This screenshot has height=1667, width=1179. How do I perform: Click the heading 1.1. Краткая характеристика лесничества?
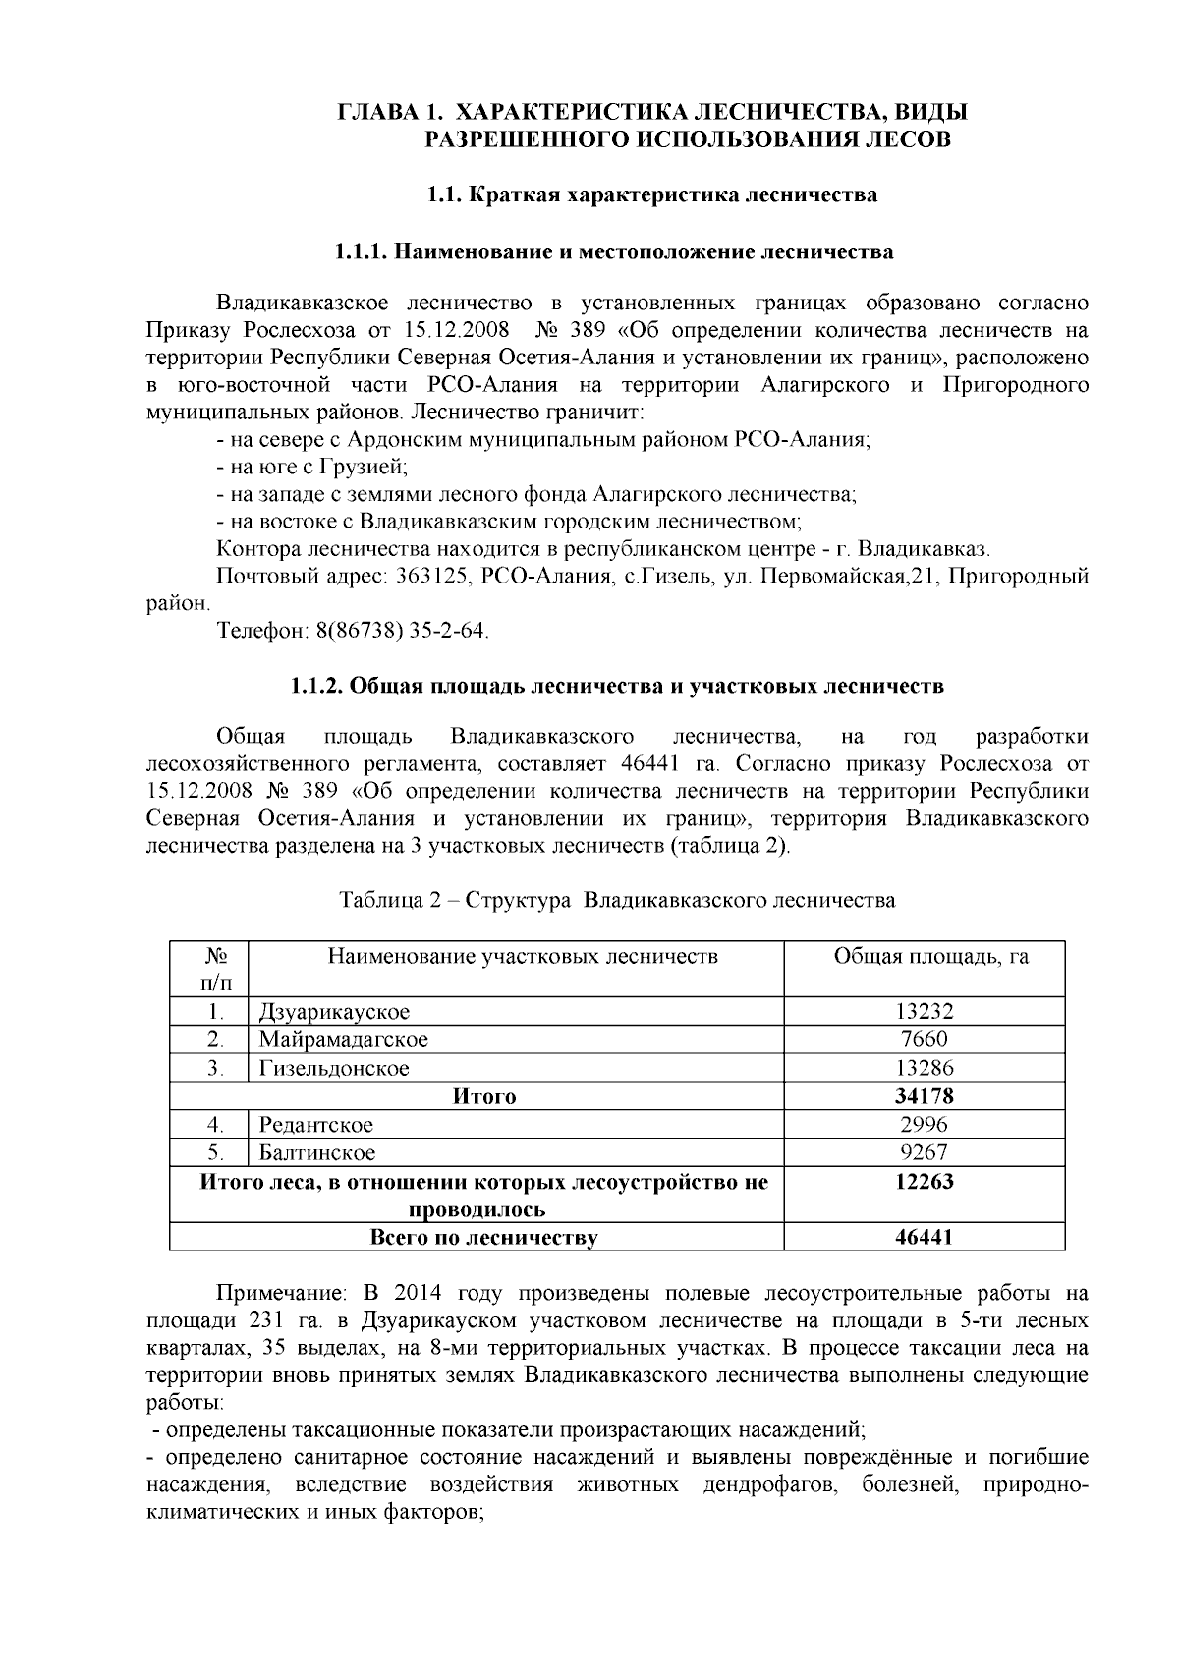coord(651,194)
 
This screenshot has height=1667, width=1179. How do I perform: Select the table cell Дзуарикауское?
coord(334,1012)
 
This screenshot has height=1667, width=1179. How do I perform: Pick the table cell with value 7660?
coord(924,1039)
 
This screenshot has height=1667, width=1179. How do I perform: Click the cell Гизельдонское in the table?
coord(334,1068)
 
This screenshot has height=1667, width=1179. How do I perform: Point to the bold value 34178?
coord(924,1096)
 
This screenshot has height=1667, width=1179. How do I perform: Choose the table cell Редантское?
coord(316,1125)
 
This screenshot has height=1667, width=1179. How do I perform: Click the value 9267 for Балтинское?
coord(924,1152)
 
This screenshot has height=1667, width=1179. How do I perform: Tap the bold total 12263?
coord(924,1182)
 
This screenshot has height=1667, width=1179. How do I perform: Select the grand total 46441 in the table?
coord(924,1238)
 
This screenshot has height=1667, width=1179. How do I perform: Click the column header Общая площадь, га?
coord(930,956)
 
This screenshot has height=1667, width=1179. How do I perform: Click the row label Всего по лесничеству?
coord(483,1238)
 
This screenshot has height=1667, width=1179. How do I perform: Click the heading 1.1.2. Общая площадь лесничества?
coord(617,686)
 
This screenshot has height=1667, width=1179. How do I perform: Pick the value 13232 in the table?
coord(924,1012)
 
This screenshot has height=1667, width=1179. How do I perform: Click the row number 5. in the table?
coord(217,1152)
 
